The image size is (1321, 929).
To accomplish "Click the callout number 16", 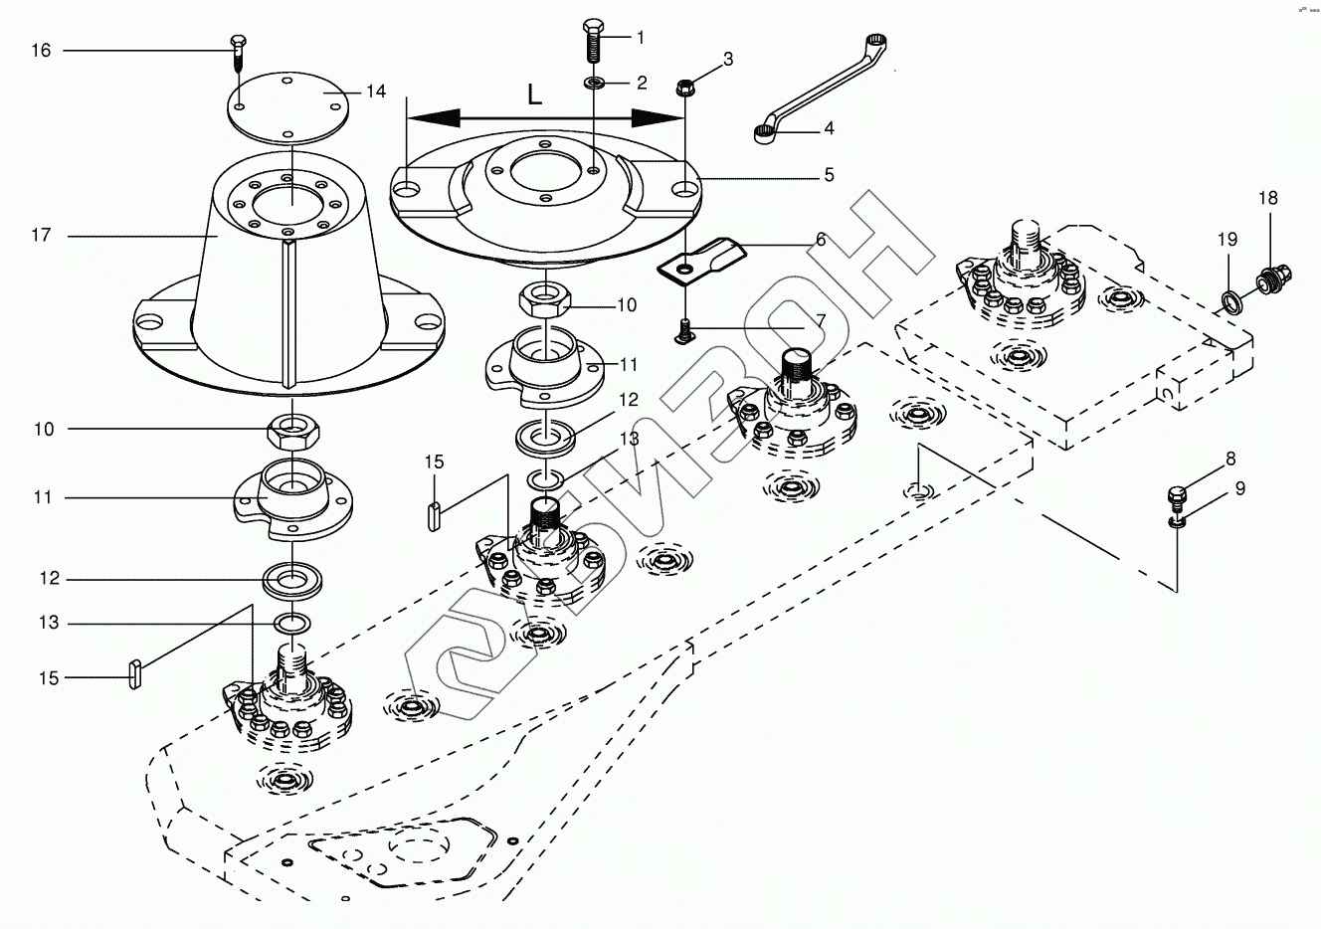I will (x=41, y=50).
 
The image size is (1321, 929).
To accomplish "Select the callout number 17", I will (x=41, y=236).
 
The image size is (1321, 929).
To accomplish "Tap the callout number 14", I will (x=375, y=92).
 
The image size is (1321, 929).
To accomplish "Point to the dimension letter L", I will (x=535, y=95).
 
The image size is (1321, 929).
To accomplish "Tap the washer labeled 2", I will (x=594, y=83).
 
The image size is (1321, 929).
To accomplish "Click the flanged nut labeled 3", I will (x=685, y=88).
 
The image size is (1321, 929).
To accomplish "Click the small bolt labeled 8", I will (x=1177, y=494).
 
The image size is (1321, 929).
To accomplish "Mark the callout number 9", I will (x=1239, y=488).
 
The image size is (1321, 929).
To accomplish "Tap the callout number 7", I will (x=821, y=319).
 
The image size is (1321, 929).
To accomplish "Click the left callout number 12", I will (x=49, y=578).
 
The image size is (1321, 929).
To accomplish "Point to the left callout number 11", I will (x=43, y=496).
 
